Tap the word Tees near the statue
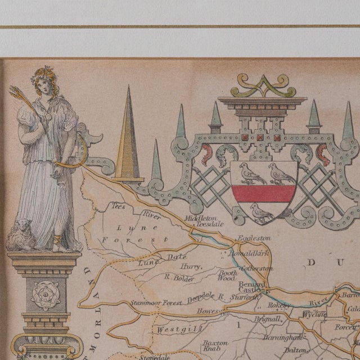pos(119,206)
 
